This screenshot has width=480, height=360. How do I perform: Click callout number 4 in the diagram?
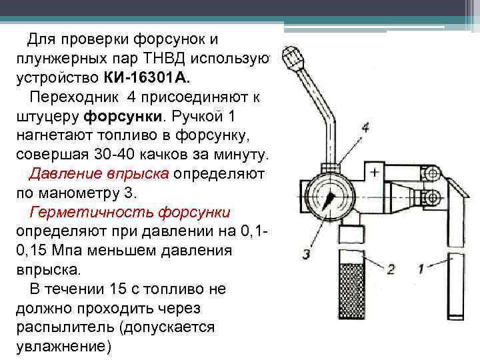point(365,127)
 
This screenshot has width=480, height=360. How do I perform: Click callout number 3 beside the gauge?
point(306,254)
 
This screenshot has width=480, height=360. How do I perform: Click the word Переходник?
point(75,97)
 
